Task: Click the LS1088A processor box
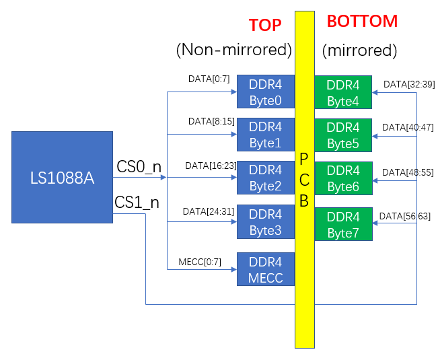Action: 62,178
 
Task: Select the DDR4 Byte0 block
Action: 266,92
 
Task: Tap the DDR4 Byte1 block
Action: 266,135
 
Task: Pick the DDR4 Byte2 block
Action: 266,178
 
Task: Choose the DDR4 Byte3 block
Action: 266,222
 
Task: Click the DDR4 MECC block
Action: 266,269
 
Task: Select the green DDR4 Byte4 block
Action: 343,92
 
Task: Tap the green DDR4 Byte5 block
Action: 343,135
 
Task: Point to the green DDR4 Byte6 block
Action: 343,178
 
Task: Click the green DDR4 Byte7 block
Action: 343,224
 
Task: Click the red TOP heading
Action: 265,25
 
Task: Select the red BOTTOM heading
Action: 362,22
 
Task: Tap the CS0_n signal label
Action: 139,167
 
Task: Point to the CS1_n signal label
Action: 137,202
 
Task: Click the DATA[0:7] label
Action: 209,79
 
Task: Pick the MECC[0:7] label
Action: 200,262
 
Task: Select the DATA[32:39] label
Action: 409,84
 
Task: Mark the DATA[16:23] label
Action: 211,166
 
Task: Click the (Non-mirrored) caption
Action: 234,50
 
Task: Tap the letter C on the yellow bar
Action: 304,180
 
